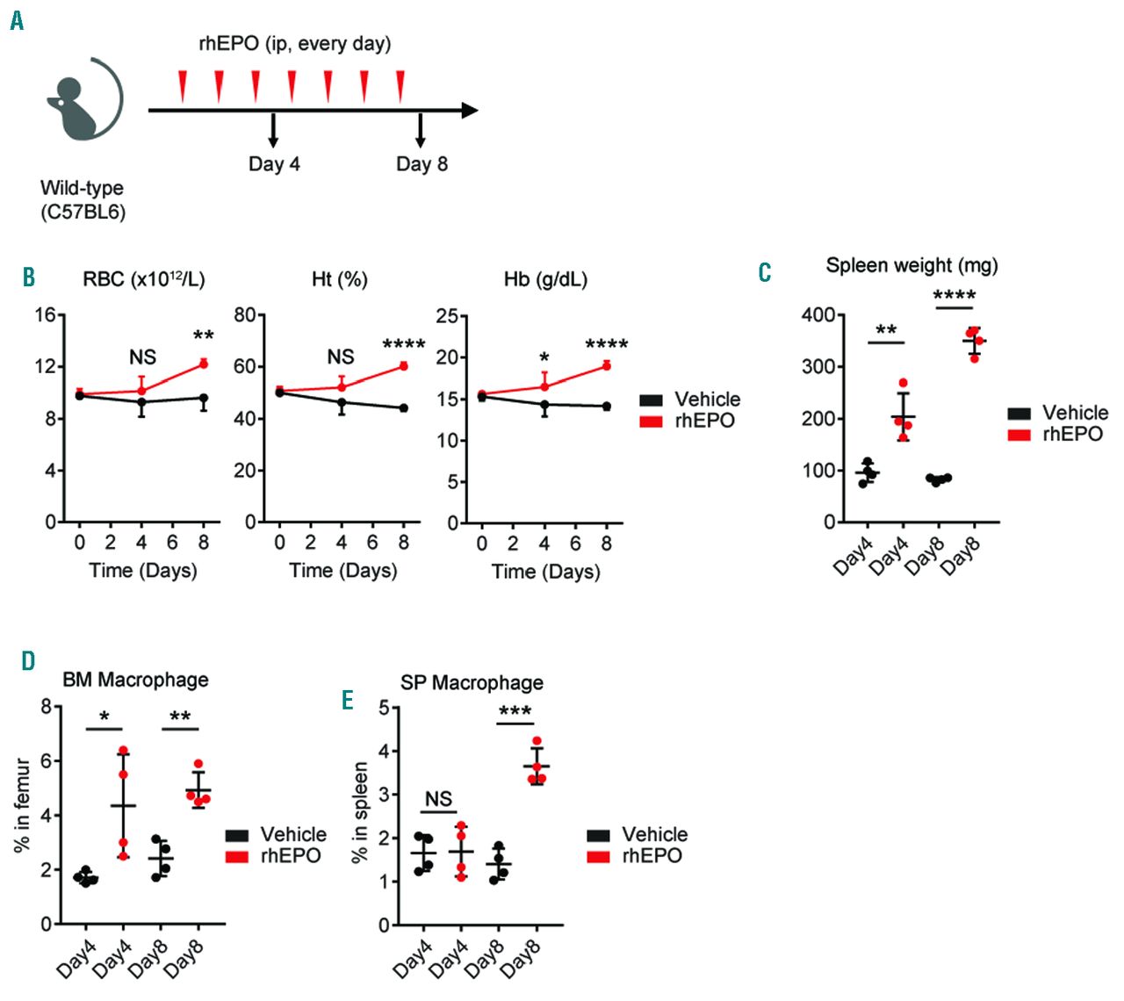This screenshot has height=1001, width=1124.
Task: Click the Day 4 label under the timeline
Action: coord(274,164)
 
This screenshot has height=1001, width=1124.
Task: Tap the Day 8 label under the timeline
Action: coord(421,164)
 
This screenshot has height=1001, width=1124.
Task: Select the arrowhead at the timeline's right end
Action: coord(470,111)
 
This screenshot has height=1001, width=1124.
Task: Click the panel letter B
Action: coord(29,277)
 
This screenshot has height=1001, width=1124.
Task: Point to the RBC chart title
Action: coord(143,279)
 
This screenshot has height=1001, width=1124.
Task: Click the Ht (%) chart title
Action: coord(340,279)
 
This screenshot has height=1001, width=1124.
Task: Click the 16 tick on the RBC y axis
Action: coord(45,314)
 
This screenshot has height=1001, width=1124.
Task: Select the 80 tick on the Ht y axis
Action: coord(245,314)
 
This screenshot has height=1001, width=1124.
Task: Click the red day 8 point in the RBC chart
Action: coord(203,363)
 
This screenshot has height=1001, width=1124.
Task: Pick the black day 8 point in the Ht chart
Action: coord(404,407)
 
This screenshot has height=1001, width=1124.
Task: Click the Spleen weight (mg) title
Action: coord(911,265)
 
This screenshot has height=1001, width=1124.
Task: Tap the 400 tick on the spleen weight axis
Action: coord(818,314)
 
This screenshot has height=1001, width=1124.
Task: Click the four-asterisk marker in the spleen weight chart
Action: coord(955,296)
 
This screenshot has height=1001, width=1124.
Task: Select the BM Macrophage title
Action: coord(135,680)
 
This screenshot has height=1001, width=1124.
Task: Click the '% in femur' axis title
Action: coord(22,805)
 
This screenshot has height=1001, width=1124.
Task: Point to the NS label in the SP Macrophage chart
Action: coord(438,798)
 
